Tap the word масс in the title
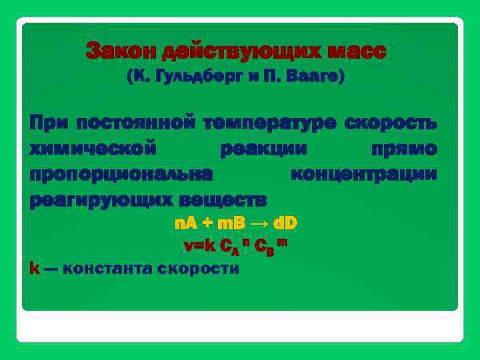pos(355,51)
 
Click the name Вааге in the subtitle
pos(315,77)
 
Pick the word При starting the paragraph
pos(49,123)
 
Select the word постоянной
pos(135,123)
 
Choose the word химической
pos(93,149)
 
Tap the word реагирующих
pos(90,199)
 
